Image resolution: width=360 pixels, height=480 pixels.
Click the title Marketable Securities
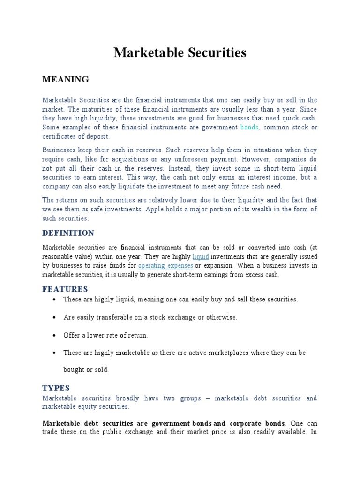180,53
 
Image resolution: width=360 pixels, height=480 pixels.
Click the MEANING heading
65,79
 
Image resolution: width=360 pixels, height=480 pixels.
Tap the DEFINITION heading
68,233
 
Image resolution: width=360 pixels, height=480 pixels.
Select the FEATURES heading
65,289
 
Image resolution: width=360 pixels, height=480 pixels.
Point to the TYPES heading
56,388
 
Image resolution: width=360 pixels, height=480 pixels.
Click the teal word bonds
249,127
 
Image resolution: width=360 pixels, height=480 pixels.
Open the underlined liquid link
201,256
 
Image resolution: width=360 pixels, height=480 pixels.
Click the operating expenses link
165,266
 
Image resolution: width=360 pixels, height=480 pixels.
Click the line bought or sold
86,370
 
